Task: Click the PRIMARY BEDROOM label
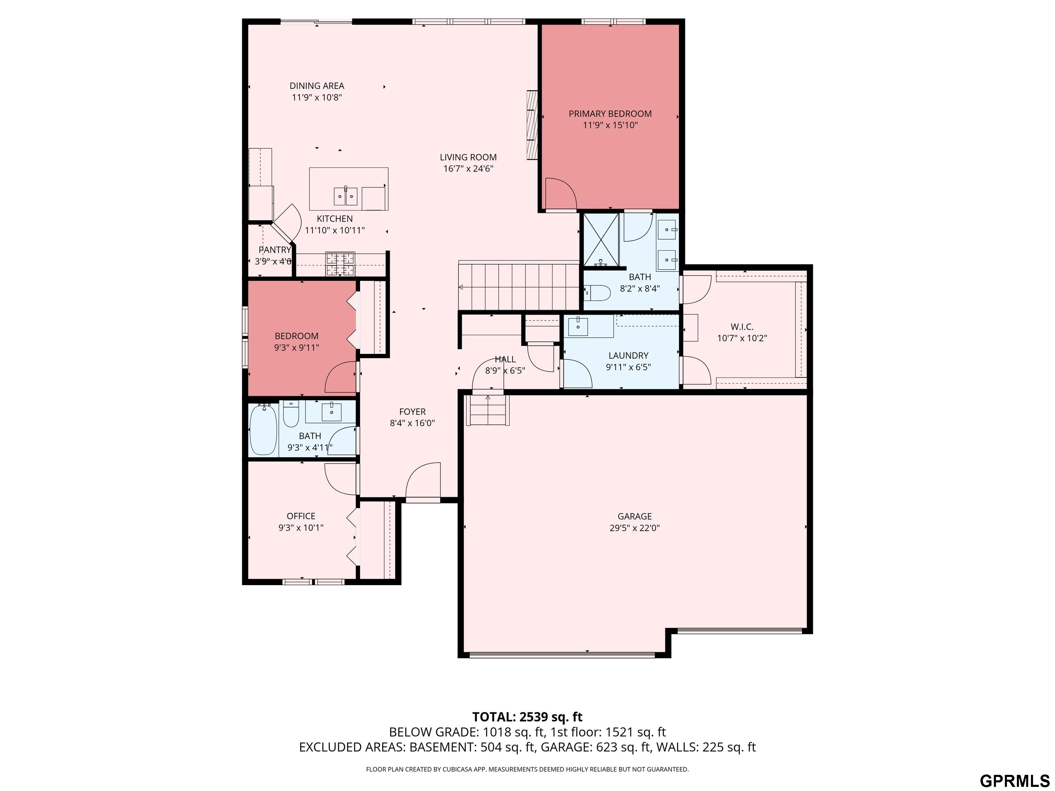[610, 114]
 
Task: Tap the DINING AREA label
[317, 86]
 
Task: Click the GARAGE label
[634, 516]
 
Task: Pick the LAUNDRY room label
[628, 355]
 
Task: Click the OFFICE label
[301, 516]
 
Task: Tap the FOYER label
[412, 412]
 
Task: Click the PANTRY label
[275, 250]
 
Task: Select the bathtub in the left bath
[263, 429]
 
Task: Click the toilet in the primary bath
[597, 292]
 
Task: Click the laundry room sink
[578, 326]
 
